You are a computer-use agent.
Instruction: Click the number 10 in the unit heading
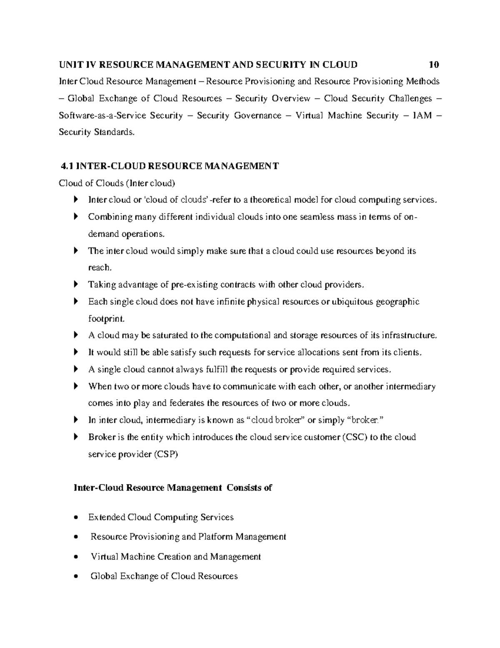tap(433, 65)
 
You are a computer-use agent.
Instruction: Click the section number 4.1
tap(67, 166)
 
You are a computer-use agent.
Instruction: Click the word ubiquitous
tap(352, 302)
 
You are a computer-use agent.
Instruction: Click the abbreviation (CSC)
tap(354, 437)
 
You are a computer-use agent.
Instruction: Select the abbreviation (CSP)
tap(166, 454)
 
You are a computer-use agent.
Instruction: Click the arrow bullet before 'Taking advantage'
tap(75, 285)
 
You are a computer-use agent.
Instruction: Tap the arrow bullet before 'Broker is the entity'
tap(75, 437)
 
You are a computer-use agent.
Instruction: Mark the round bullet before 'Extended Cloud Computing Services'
tap(75, 518)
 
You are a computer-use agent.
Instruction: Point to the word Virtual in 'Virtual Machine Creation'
tap(104, 557)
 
